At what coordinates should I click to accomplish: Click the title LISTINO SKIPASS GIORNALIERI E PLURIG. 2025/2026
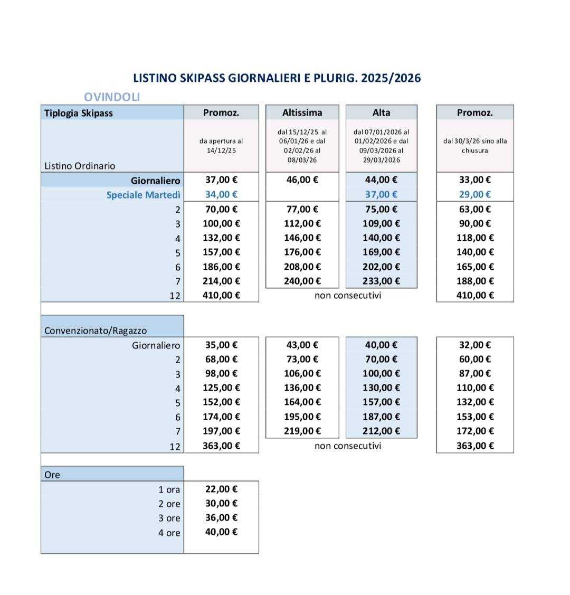click(277, 78)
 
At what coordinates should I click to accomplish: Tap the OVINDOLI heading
click(112, 97)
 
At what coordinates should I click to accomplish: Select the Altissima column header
click(302, 112)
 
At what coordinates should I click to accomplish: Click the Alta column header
click(381, 112)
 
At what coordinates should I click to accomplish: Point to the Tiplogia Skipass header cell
click(79, 113)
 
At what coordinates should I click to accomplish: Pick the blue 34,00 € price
click(221, 195)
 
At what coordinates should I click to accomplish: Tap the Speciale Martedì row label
click(143, 195)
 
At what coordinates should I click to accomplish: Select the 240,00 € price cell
click(302, 281)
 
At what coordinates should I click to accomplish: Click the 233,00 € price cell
click(381, 281)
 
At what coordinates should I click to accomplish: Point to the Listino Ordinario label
click(80, 166)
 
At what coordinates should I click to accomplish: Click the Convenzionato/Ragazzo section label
click(96, 331)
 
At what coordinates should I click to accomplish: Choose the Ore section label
click(52, 475)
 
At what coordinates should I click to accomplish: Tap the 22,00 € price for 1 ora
click(221, 489)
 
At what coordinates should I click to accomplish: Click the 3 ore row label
click(169, 518)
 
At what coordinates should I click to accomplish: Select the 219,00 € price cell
click(302, 431)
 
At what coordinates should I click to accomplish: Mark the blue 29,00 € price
click(474, 195)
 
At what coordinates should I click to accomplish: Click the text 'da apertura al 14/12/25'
click(221, 146)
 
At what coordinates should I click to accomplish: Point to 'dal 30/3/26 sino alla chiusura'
click(475, 146)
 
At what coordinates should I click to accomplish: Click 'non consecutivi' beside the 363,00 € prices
click(347, 446)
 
